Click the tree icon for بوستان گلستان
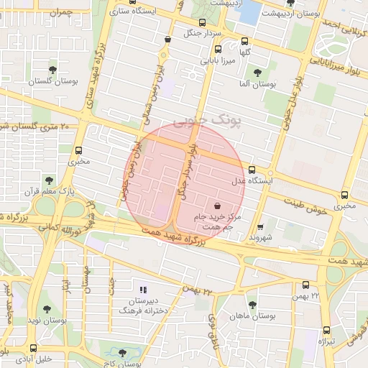[x=52, y=69]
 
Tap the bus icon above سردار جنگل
[x=201, y=22]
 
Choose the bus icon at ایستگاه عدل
[x=252, y=170]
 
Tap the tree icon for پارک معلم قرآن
[x=49, y=180]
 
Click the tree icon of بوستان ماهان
[x=252, y=305]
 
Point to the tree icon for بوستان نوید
[x=47, y=309]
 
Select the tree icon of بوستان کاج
[x=122, y=354]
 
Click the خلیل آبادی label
[x=34, y=358]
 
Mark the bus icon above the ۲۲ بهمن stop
[x=306, y=285]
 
